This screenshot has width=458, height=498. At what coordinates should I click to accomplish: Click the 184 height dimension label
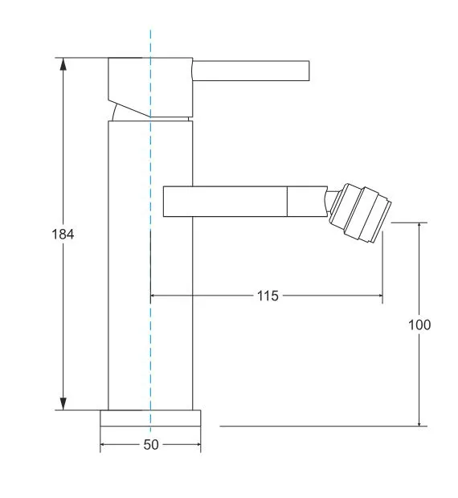[x=63, y=235]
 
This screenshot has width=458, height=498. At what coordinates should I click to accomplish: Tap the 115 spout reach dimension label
[x=268, y=296]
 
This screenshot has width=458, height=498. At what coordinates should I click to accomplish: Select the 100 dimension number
[x=419, y=325]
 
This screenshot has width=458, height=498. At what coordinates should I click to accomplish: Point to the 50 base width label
[x=151, y=445]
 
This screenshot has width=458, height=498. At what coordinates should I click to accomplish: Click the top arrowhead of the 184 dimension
[x=63, y=63]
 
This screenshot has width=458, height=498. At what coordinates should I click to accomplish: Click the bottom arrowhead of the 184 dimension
[x=63, y=404]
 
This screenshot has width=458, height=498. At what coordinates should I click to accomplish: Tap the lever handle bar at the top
[x=251, y=71]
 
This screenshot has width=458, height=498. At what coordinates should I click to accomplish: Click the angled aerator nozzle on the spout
[x=361, y=213]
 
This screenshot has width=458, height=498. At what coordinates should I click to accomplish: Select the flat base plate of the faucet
[x=150, y=418]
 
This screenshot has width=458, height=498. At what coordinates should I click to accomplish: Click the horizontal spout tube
[x=245, y=202]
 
